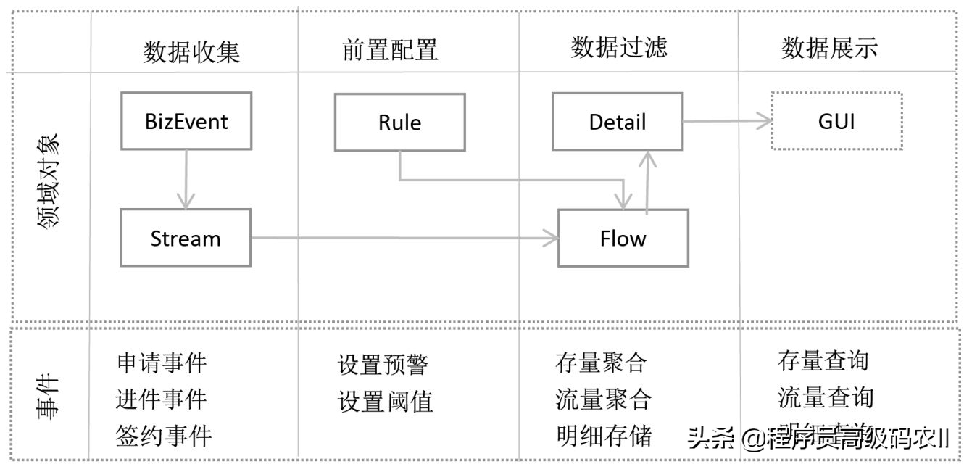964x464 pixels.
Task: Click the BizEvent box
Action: (186, 121)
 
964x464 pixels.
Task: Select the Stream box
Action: (186, 238)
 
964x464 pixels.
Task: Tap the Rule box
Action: (399, 122)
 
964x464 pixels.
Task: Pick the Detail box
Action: (618, 121)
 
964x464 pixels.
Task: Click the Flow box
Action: (623, 238)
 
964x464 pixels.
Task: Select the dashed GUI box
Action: (836, 121)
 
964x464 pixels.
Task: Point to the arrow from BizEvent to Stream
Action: (187, 179)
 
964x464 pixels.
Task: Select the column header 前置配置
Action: (390, 50)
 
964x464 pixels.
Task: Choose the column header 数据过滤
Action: (619, 48)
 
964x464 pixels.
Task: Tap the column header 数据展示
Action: (830, 48)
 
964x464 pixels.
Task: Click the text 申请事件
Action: (162, 362)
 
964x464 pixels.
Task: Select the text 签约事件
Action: (163, 436)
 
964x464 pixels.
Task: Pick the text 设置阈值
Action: (386, 401)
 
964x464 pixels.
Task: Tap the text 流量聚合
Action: (604, 399)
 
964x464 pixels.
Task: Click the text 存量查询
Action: (823, 360)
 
